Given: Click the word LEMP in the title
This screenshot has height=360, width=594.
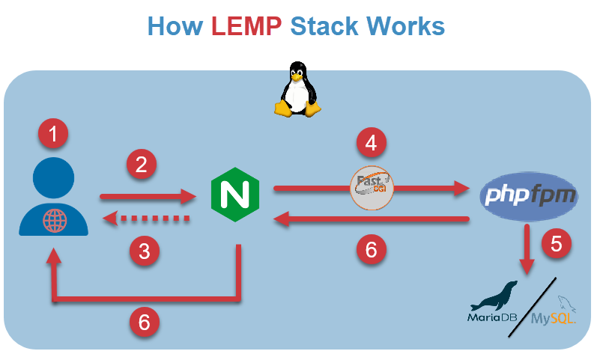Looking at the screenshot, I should pos(246,26).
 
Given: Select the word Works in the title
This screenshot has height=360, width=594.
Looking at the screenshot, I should pos(405,26).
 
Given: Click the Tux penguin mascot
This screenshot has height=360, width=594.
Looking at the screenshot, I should pos(300,91).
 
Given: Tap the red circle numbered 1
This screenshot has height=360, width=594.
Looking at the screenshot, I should pos(52,135).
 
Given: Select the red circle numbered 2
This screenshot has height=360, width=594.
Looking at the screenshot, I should pos(141,165).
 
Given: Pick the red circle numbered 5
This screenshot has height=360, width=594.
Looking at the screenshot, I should pos(556,243).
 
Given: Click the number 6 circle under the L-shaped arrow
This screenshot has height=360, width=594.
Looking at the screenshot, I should pos(145,322).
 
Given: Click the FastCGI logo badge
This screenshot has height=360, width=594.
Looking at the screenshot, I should pos(372,186).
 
